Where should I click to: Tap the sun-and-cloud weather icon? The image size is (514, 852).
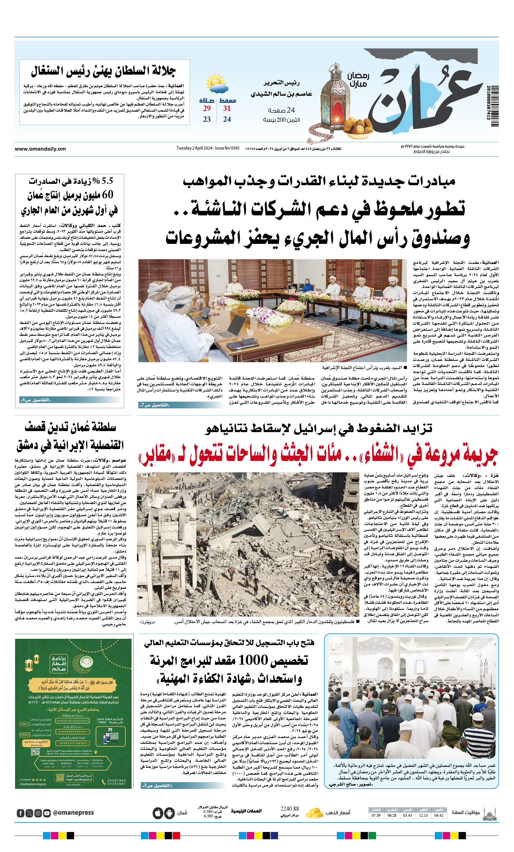pyautogui.click(x=216, y=84)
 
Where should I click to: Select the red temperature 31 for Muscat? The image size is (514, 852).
pyautogui.click(x=227, y=109)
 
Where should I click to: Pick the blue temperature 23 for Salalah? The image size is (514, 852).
pyautogui.click(x=207, y=119)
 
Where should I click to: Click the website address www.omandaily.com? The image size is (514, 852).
pyautogui.click(x=40, y=149)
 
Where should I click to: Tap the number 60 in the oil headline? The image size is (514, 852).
pyautogui.click(x=107, y=195)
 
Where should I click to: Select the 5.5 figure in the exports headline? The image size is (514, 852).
pyautogui.click(x=107, y=181)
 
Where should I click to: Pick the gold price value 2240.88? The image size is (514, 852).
pyautogui.click(x=289, y=809)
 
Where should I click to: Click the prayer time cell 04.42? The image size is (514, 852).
pyautogui.click(x=439, y=815)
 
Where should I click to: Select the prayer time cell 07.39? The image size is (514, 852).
pyautogui.click(x=376, y=815)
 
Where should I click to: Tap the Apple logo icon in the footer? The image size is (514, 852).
pyautogui.click(x=158, y=813)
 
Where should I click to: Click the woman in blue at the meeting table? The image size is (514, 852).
pyautogui.click(x=307, y=286)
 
